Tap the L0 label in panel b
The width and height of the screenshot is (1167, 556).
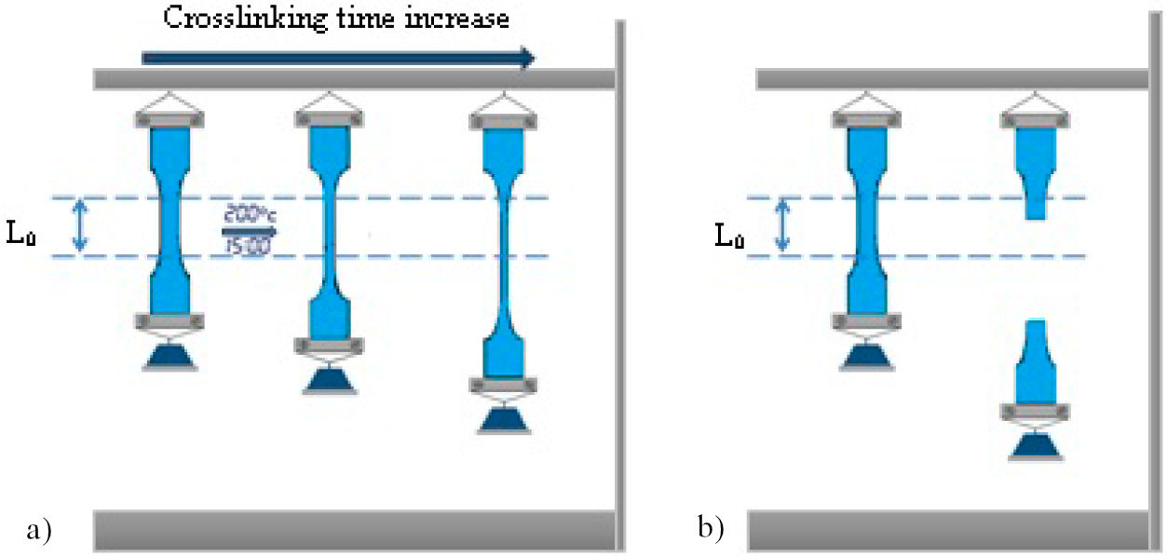click(x=729, y=235)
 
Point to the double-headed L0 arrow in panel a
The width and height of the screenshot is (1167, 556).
click(x=79, y=226)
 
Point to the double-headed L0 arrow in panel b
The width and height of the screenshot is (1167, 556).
click(x=783, y=226)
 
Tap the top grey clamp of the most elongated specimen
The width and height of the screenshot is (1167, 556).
click(x=504, y=118)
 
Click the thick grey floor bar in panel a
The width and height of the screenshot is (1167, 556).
click(x=354, y=530)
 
